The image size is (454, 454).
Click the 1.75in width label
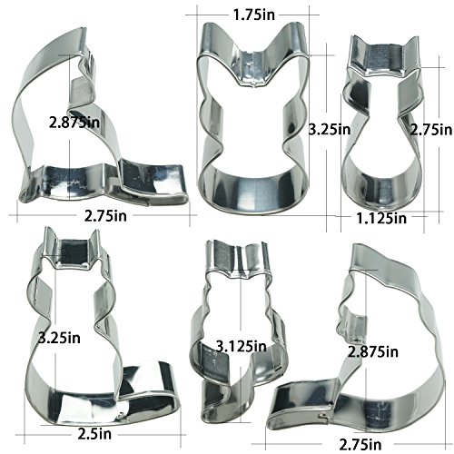[254, 15]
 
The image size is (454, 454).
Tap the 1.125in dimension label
[381, 218]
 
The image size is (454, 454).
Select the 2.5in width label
[94, 434]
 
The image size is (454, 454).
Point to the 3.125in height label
[242, 346]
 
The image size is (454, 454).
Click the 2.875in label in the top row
[74, 123]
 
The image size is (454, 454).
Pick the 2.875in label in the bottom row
[373, 351]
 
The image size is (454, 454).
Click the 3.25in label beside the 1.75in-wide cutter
[330, 130]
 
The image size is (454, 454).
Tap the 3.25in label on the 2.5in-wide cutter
[60, 338]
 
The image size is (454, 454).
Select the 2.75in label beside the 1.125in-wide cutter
[431, 130]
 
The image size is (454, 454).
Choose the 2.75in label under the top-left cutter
[105, 216]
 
